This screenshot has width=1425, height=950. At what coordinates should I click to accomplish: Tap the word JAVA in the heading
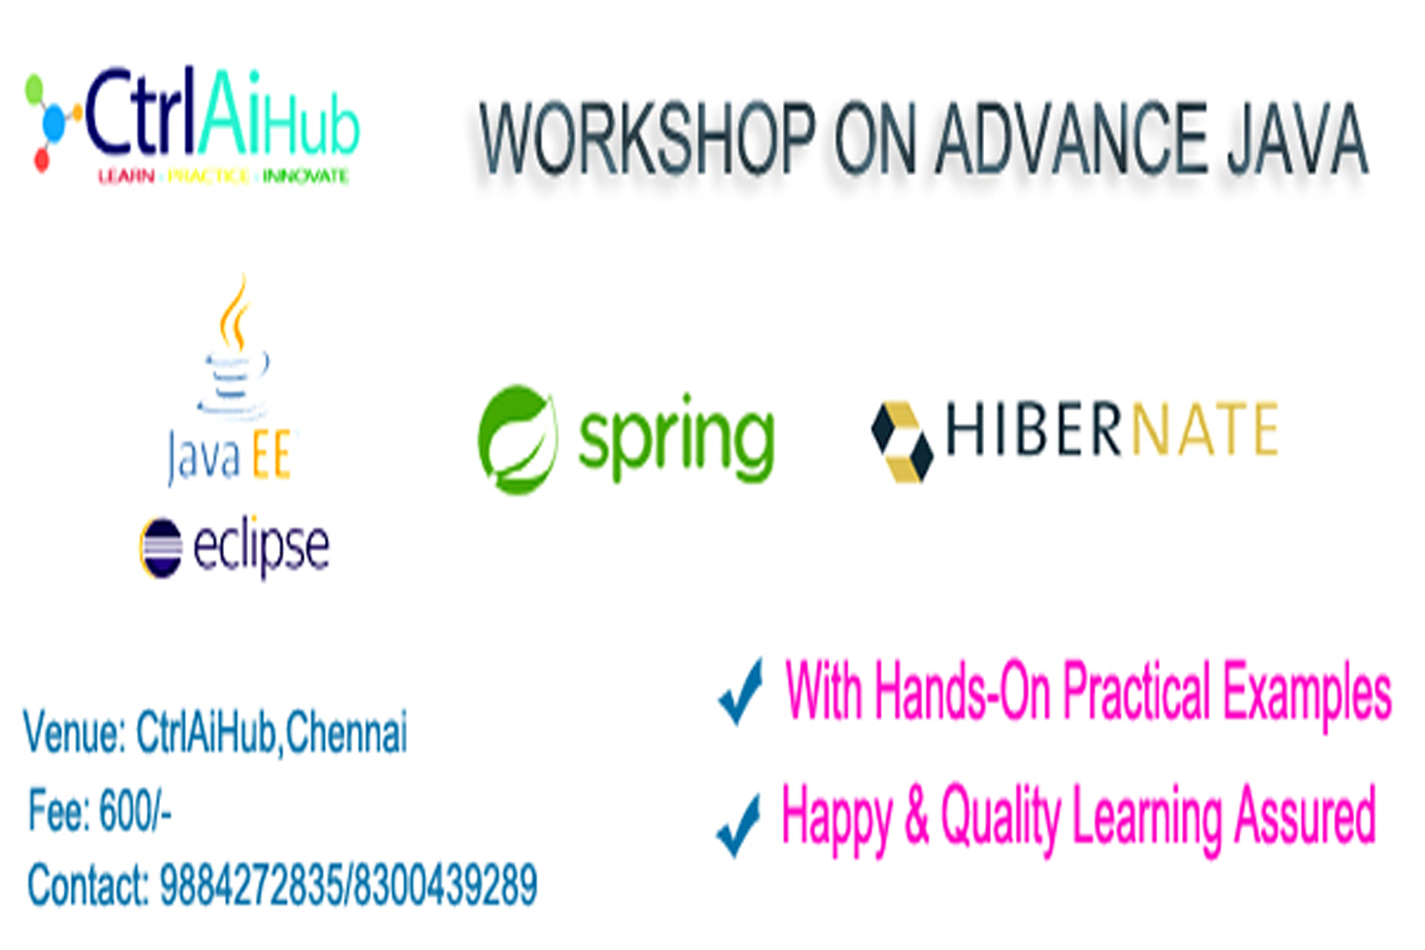(x=1297, y=138)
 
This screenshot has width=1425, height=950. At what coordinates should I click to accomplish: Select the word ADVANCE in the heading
(x=1072, y=138)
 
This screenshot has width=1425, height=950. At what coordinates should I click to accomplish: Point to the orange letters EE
(x=271, y=454)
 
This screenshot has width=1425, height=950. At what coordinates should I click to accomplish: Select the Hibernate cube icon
(x=902, y=442)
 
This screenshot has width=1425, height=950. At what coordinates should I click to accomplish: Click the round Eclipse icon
(x=161, y=547)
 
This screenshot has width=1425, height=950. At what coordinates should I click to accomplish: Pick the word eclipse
(x=261, y=547)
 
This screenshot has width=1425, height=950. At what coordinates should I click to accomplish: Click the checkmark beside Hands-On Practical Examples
(x=740, y=692)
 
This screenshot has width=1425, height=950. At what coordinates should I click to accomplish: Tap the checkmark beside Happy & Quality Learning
(x=738, y=825)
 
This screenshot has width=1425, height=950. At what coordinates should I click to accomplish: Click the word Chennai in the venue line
(x=346, y=732)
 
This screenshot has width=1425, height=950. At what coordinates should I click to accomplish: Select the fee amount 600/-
(x=135, y=810)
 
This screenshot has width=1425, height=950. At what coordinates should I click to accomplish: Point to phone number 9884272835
(x=250, y=884)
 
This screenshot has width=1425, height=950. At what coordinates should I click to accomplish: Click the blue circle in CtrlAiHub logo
(x=53, y=120)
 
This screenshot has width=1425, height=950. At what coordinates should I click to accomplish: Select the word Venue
(x=75, y=733)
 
